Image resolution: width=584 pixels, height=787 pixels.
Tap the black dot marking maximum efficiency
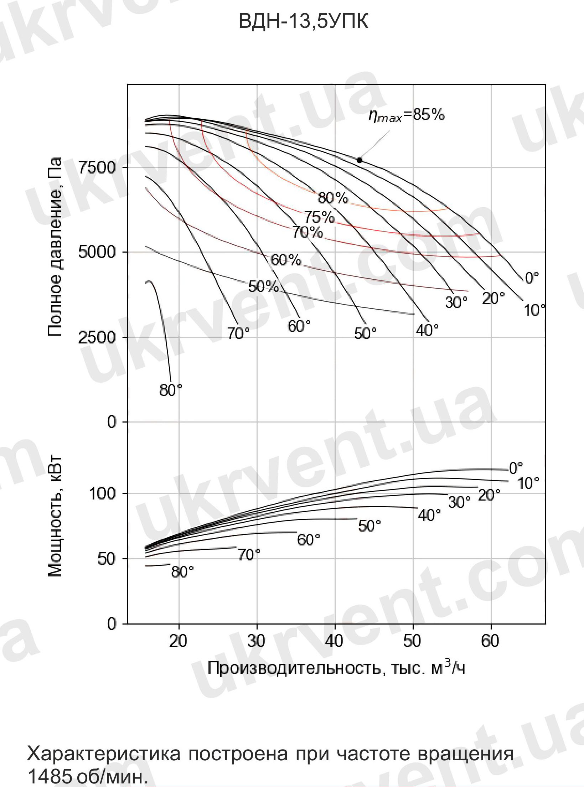[x=360, y=160]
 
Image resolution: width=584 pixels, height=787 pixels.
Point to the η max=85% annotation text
[x=406, y=116]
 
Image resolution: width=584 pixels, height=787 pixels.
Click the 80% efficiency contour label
[x=333, y=198]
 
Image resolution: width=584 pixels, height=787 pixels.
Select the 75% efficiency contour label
[x=319, y=217]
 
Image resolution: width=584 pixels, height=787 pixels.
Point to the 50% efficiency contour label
[x=263, y=286]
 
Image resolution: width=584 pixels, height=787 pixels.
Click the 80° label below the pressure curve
[x=171, y=390]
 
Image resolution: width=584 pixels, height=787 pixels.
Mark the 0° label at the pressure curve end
[x=532, y=278]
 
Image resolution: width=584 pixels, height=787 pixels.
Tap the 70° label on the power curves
[x=249, y=555]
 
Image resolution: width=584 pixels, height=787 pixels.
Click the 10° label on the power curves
[x=528, y=483]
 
